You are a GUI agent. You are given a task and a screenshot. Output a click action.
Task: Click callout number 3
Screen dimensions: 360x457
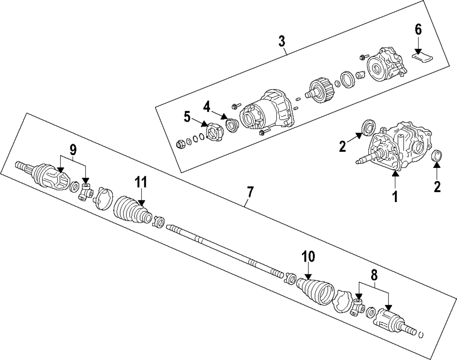(282, 41)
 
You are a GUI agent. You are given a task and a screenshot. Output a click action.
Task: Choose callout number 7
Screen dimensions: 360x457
(250, 193)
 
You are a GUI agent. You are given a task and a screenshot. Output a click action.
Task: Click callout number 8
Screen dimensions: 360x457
(374, 276)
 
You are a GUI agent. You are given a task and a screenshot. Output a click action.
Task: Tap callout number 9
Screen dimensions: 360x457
(73, 150)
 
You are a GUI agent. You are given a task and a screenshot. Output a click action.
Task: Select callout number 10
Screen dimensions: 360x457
(308, 257)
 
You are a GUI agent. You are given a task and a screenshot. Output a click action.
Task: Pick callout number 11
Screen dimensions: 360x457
(141, 182)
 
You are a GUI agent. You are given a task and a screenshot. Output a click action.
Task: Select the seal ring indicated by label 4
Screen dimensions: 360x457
(232, 125)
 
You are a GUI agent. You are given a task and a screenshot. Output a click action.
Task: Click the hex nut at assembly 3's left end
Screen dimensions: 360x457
(180, 145)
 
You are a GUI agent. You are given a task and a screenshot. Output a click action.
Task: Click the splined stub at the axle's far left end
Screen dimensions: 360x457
(21, 165)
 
